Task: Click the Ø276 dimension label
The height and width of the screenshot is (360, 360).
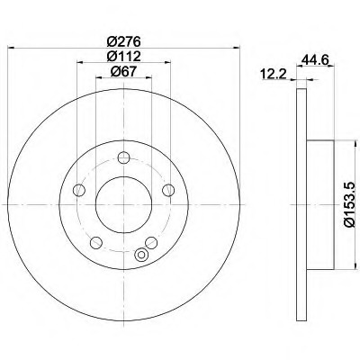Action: pos(123,41)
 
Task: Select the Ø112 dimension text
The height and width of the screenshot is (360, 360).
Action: pos(123,56)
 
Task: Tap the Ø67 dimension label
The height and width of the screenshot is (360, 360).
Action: pos(123,71)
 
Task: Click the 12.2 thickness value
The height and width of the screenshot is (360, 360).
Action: pos(274,74)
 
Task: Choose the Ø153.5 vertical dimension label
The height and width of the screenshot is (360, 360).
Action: pos(350,205)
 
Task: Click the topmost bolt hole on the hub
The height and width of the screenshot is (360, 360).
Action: pos(123,157)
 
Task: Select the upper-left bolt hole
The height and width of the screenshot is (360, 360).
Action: pos(79,190)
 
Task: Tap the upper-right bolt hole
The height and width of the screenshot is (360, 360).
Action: pos(168,190)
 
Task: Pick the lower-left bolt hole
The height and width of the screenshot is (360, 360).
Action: pos(96,242)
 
